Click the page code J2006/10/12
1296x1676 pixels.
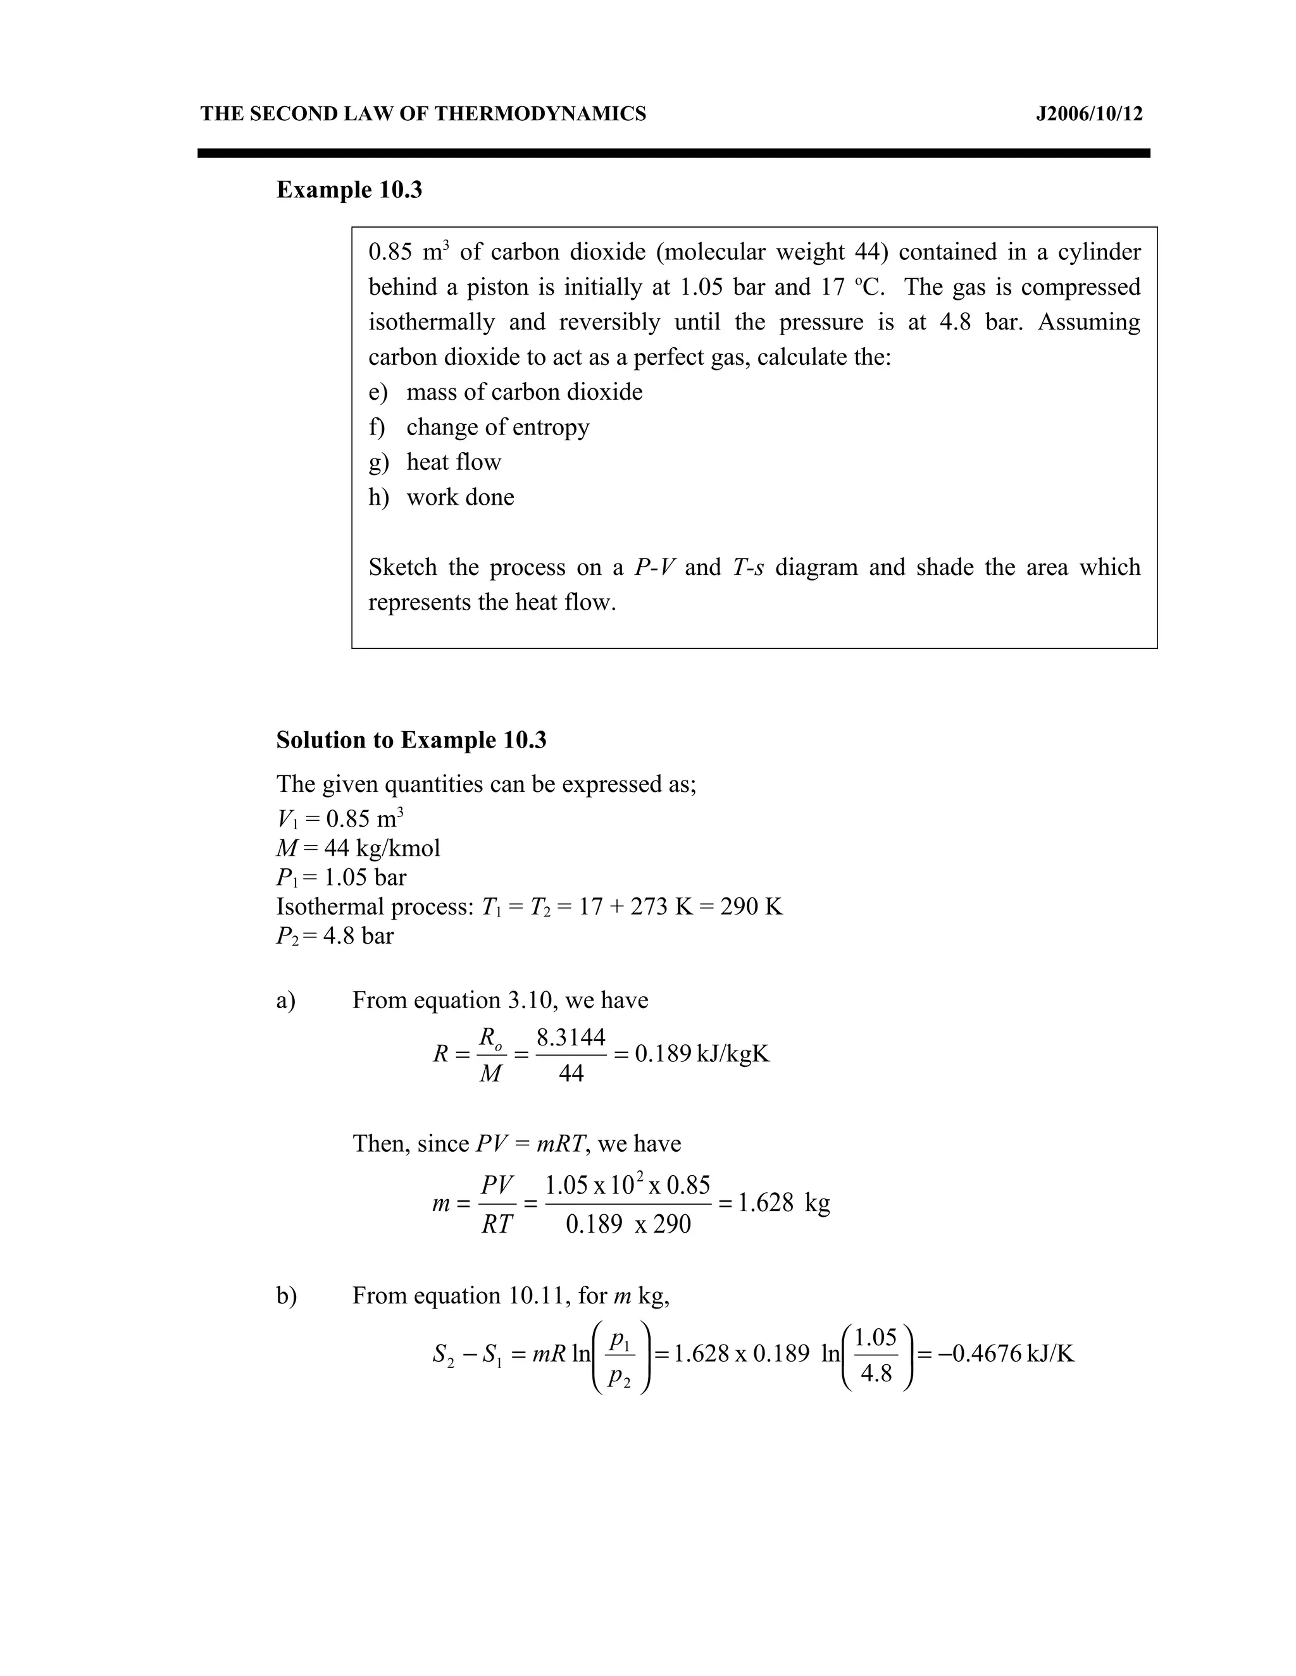pyautogui.click(x=1088, y=114)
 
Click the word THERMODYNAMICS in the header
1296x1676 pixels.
pyautogui.click(x=540, y=114)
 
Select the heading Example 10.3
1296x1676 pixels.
pyautogui.click(x=349, y=190)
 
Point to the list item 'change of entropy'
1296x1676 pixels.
pyautogui.click(x=497, y=428)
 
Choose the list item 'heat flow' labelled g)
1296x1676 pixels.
pyautogui.click(x=453, y=462)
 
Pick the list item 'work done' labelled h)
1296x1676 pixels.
pyautogui.click(x=460, y=497)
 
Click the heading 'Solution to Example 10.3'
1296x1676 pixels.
pyautogui.click(x=411, y=741)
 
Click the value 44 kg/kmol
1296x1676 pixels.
pyautogui.click(x=382, y=849)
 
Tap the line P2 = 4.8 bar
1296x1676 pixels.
pyautogui.click(x=335, y=936)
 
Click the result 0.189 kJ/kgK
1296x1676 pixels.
pyautogui.click(x=702, y=1054)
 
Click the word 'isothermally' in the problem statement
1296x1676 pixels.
pyautogui.click(x=432, y=323)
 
